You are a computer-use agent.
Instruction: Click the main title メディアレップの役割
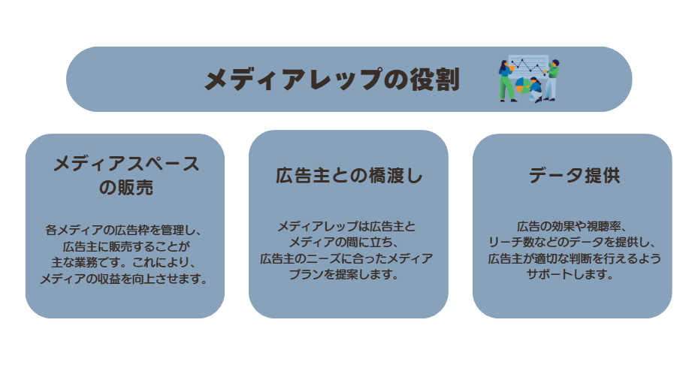click(332, 80)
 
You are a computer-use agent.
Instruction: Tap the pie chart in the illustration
click(522, 85)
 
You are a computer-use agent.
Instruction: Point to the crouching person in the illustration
click(536, 90)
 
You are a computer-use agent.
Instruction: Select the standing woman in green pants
click(506, 81)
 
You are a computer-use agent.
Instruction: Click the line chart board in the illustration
click(528, 65)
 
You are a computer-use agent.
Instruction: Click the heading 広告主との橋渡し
click(349, 175)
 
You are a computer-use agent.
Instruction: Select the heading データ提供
click(574, 175)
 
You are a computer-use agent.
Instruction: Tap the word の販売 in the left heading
click(126, 188)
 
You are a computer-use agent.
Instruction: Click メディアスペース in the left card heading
click(126, 164)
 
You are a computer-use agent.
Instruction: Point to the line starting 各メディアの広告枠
click(123, 231)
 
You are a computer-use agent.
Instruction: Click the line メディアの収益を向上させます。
click(124, 279)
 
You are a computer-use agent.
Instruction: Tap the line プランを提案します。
click(343, 275)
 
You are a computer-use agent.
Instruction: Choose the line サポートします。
click(570, 275)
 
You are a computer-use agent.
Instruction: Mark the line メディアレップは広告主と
click(346, 226)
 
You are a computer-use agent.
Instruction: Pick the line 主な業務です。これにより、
click(123, 263)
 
